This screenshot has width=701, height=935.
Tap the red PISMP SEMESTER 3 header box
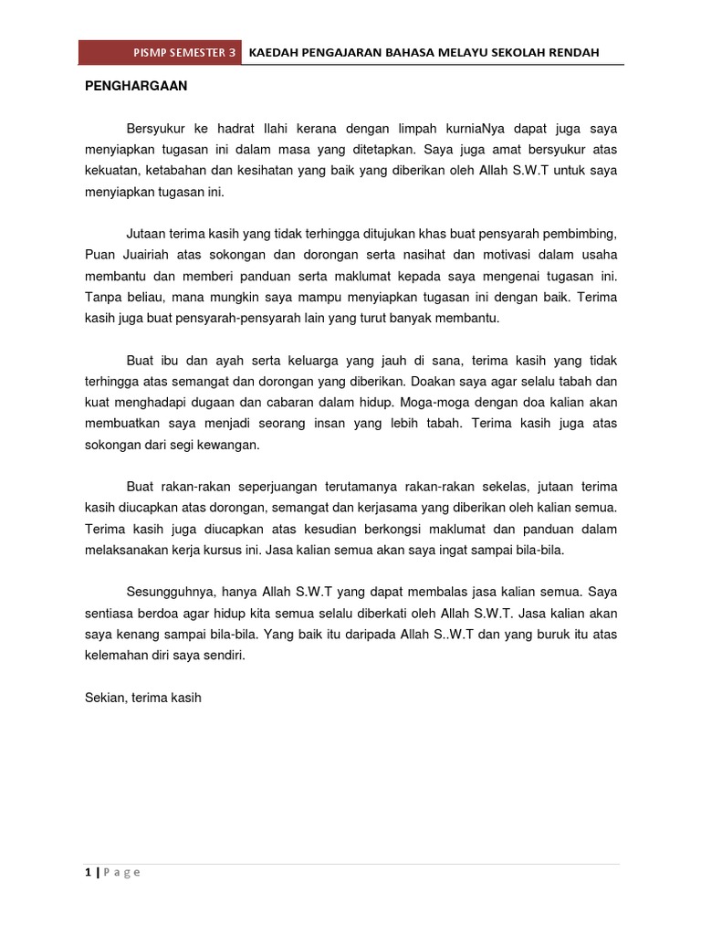(161, 53)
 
